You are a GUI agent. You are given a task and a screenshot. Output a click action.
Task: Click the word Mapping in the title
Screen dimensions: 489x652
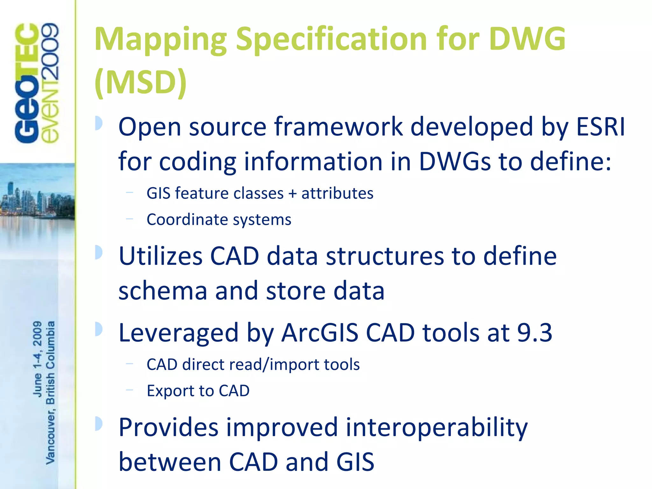(160, 40)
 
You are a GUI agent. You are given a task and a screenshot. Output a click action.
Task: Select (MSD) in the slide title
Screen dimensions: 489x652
(140, 82)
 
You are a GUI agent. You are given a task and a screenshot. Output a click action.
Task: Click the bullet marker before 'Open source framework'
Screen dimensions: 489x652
(99, 123)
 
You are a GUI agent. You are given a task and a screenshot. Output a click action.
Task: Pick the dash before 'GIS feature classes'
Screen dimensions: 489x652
(129, 192)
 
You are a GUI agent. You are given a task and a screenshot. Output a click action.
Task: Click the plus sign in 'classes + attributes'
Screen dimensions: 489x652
(292, 193)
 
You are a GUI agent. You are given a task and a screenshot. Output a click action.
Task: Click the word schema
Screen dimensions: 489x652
(163, 291)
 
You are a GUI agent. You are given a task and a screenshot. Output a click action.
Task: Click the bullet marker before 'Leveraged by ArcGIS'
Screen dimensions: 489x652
(99, 329)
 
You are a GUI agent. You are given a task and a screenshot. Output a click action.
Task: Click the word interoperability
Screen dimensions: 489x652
(436, 428)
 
